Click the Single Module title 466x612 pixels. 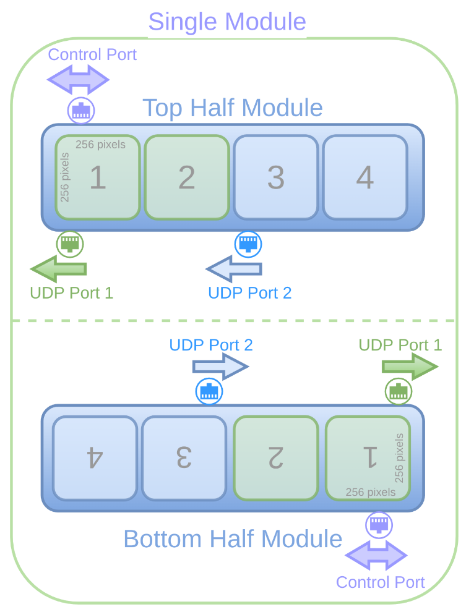pos(227,22)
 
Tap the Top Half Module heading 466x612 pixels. pos(233,108)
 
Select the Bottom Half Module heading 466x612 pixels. pos(233,538)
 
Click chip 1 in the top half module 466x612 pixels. pos(98,177)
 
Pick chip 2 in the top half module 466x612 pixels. pos(187,177)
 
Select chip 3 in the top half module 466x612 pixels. pos(276,177)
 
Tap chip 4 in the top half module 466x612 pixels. pos(365,177)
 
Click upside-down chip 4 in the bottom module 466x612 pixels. pos(95,458)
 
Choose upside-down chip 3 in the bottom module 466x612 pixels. pos(184,458)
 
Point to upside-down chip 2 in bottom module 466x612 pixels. pos(275,458)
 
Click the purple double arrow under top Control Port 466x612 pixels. pos(79,80)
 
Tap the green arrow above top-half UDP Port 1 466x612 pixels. pos(59,269)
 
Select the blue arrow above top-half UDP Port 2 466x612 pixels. pos(234,269)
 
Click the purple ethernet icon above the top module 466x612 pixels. pos(81,111)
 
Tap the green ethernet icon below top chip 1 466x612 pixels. pos(70,244)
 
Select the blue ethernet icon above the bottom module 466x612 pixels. pos(209,392)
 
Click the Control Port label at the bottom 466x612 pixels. pos(380,582)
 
